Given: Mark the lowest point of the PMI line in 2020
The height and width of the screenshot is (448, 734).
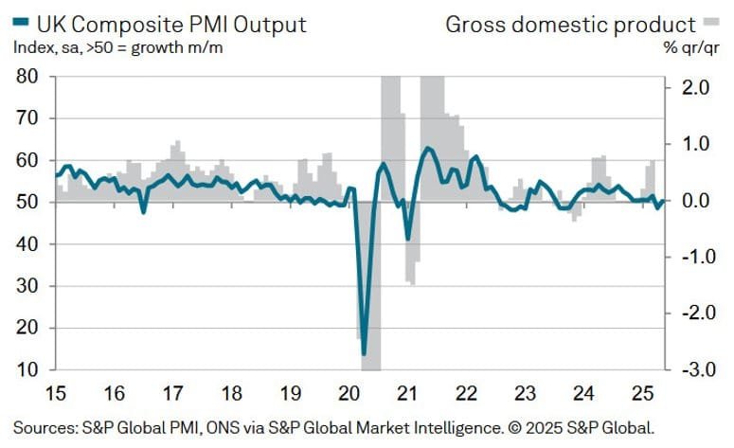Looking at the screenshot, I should click(x=364, y=354).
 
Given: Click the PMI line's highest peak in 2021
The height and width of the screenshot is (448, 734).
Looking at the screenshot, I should click(x=428, y=148).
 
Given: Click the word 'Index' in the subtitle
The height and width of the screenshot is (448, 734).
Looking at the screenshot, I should click(x=32, y=48).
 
